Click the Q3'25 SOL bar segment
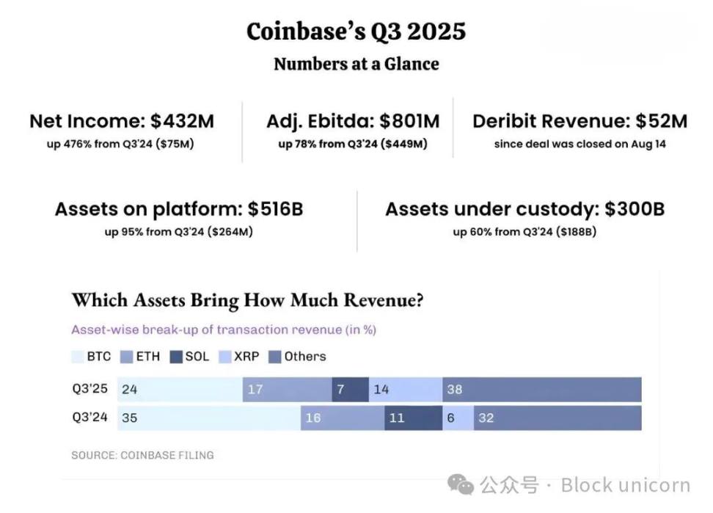click(x=350, y=390)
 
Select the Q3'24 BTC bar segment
click(x=208, y=418)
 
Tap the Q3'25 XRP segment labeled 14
click(x=405, y=390)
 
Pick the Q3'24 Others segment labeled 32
click(x=557, y=418)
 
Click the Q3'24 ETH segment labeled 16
click(x=342, y=418)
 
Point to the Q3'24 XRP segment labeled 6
click(x=458, y=418)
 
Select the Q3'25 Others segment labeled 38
click(x=541, y=390)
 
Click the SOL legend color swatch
click(x=177, y=357)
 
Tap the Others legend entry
click(x=298, y=357)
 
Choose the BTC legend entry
click(x=91, y=357)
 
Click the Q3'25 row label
click(x=89, y=390)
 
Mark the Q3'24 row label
click(x=89, y=418)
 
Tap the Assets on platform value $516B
click(x=275, y=209)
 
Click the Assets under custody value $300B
click(x=635, y=209)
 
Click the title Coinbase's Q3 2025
click(x=356, y=32)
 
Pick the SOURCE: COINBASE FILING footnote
click(x=142, y=455)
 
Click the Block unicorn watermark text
click(x=625, y=485)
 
